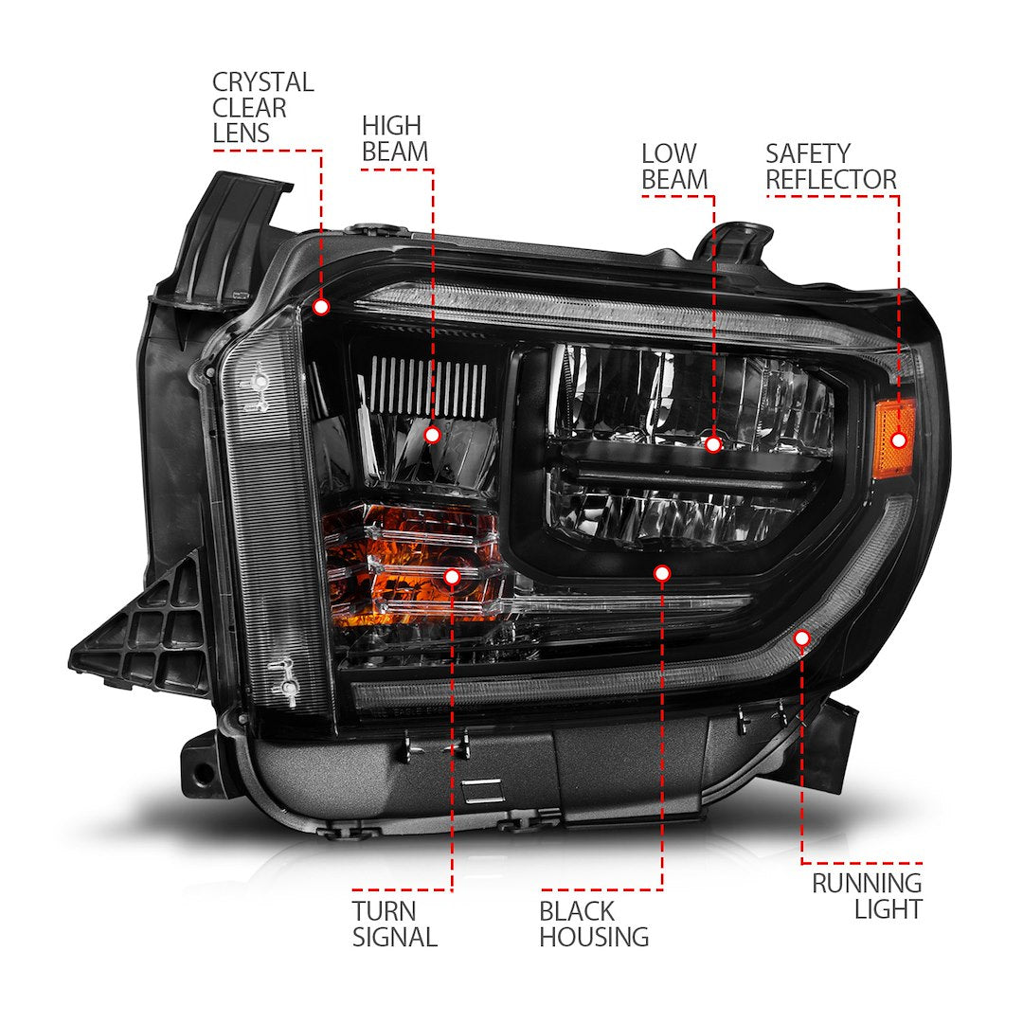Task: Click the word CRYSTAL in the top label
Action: tap(262, 82)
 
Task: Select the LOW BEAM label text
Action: tap(673, 166)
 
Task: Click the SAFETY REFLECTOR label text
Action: tap(831, 166)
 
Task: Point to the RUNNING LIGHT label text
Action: tap(866, 896)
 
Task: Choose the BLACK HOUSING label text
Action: tap(594, 924)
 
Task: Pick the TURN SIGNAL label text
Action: tap(394, 924)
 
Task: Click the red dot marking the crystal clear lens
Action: tap(321, 307)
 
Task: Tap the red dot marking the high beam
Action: tap(432, 435)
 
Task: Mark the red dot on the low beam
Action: tap(713, 443)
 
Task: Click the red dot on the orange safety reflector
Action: tap(899, 440)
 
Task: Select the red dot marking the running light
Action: tap(802, 638)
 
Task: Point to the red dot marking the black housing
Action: tap(662, 573)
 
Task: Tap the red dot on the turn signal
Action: tap(452, 576)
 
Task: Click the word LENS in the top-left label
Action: tap(241, 134)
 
